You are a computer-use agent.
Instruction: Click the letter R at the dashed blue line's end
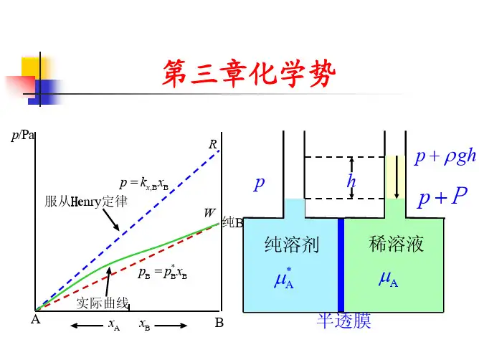click(x=212, y=145)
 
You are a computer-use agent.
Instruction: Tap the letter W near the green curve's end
click(x=209, y=213)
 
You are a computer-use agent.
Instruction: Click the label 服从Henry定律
click(x=86, y=202)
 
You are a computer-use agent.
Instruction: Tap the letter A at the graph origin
click(x=34, y=321)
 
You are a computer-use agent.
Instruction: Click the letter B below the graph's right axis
click(x=219, y=323)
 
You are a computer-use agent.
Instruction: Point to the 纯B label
click(x=233, y=223)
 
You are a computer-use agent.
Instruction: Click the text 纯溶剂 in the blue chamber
click(x=292, y=245)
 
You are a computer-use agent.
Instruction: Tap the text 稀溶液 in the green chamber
click(x=397, y=244)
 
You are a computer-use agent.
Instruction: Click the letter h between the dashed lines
click(x=351, y=181)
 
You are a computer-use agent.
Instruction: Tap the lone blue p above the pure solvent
click(x=259, y=183)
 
